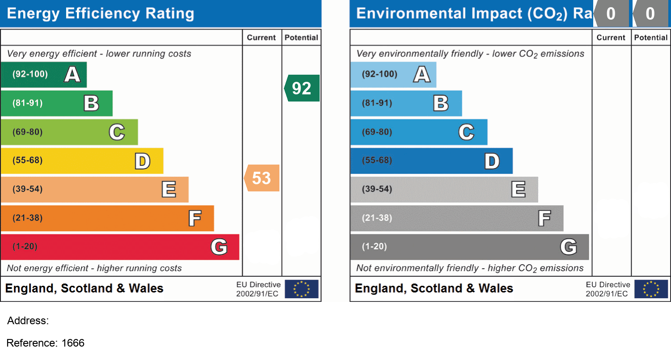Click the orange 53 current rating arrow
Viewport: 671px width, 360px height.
point(262,178)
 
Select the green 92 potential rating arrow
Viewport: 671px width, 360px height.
point(303,88)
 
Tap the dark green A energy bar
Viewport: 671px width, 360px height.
point(43,74)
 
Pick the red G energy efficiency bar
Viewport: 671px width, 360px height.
point(119,247)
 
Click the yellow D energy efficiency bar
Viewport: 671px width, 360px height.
point(81,161)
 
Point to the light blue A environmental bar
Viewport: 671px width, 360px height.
point(393,74)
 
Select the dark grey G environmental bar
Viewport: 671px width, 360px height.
point(469,247)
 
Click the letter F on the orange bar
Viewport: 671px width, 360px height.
point(194,219)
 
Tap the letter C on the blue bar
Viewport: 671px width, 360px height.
point(466,132)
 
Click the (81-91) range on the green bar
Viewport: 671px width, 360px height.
point(27,103)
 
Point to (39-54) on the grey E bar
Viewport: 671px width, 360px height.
point(377,189)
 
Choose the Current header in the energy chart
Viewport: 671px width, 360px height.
point(262,38)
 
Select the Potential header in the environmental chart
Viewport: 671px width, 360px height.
point(651,38)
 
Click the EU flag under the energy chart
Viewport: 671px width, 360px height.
point(302,289)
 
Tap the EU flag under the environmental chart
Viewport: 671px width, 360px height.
point(651,289)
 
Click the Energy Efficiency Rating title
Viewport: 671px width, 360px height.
point(101,13)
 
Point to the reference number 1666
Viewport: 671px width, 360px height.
point(73,343)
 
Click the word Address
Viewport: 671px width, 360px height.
point(28,321)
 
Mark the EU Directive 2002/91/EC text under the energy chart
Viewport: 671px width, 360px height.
point(258,289)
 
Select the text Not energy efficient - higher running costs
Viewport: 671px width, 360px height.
point(94,268)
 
